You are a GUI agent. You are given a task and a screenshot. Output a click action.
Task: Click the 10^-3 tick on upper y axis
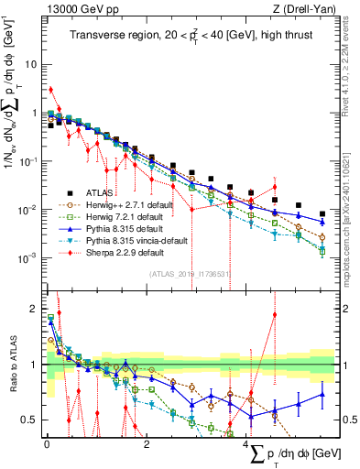coord(28,257)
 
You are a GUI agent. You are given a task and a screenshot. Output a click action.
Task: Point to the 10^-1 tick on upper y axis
coord(28,161)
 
